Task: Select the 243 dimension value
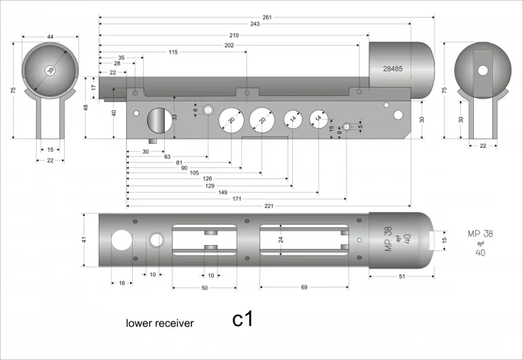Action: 255,24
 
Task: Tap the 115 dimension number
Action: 173,52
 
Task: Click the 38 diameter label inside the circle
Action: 50,70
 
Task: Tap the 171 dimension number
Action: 236,199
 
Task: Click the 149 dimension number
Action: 223,192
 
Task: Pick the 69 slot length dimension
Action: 304,287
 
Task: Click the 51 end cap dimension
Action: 402,276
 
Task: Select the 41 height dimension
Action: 84,240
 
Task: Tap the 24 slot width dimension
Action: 280,240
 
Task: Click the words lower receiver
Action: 159,323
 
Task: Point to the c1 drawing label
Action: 242,319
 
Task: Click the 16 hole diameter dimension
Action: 122,282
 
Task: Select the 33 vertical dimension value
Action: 174,118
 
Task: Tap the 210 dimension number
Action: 234,35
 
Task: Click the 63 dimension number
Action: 168,157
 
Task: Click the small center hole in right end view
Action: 483,70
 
